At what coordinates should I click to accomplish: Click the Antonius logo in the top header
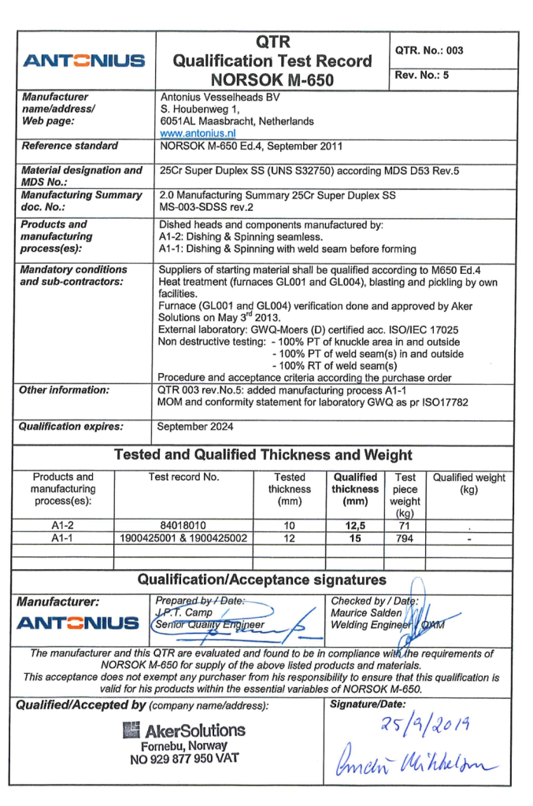(x=85, y=60)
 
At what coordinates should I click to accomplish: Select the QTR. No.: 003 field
(x=429, y=50)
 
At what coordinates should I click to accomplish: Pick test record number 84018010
(x=184, y=521)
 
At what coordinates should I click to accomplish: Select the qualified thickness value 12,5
(x=355, y=521)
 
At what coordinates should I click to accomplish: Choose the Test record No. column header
(x=184, y=477)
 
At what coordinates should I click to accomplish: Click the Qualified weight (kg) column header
(x=469, y=483)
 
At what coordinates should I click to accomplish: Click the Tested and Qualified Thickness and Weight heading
(x=263, y=454)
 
